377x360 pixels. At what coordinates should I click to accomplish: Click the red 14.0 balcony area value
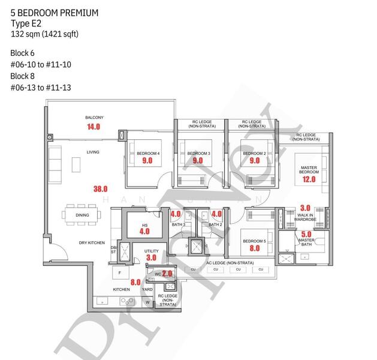93,127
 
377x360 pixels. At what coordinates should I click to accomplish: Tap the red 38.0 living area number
100,188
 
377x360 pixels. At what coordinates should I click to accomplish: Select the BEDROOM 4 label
148,154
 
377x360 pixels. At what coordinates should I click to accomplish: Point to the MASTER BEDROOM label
309,169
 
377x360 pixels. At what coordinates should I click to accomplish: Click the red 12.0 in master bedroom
309,179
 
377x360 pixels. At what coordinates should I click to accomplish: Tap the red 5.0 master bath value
306,234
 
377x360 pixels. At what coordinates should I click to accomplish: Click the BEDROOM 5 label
255,241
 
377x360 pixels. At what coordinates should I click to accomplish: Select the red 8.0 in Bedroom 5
255,248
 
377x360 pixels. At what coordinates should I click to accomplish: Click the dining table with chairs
82,215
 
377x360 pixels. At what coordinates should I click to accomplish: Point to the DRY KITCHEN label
92,243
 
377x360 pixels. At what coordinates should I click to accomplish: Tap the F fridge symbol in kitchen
119,272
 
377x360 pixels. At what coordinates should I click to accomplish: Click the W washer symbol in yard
147,302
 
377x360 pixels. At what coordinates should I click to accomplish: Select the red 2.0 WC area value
167,274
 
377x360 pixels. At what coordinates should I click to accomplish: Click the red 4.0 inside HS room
144,230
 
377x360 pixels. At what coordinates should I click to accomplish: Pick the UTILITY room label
151,251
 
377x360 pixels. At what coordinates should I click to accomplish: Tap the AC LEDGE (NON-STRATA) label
228,263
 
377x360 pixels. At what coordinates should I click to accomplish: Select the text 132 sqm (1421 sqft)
44,34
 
